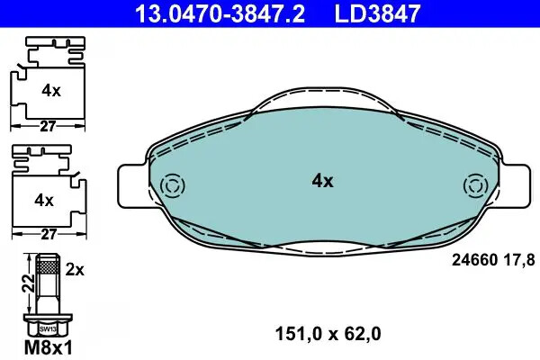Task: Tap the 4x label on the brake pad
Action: (322, 181)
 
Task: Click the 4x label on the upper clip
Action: (51, 90)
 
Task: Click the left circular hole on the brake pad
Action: (170, 186)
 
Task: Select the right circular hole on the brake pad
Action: (473, 186)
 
